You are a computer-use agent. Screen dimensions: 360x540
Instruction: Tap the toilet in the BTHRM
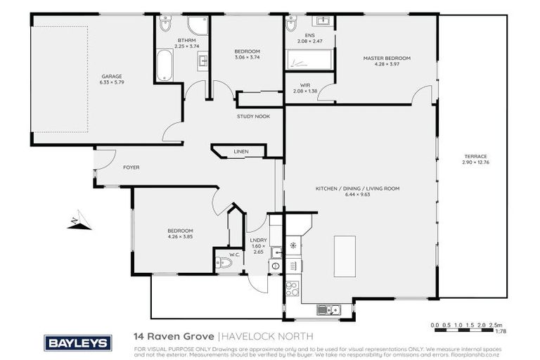coord(165,27)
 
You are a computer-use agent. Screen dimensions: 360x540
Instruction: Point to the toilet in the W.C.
coord(224,263)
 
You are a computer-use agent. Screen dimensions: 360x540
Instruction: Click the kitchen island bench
coord(345,256)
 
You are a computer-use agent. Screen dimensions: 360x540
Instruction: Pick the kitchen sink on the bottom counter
coord(328,309)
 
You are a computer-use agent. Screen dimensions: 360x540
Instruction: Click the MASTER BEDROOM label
coord(386,58)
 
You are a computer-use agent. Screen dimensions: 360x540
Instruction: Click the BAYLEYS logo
coord(78,342)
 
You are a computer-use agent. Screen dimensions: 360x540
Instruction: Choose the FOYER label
coord(131,167)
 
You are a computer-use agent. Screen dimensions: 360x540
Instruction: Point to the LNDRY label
coord(259,240)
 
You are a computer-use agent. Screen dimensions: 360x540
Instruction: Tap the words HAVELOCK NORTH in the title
coord(257,337)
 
